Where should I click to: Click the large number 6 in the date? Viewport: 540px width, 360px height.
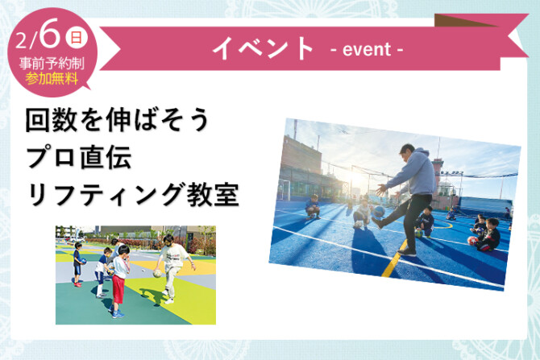click(50, 33)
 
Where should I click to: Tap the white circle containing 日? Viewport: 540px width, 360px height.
click(77, 38)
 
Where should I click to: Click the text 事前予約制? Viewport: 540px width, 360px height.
click(52, 64)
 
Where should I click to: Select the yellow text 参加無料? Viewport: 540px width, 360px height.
click(52, 79)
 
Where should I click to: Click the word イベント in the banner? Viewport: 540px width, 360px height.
click(263, 48)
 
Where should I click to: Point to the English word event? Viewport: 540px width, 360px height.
click(367, 49)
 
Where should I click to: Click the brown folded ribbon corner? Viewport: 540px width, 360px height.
click(466, 20)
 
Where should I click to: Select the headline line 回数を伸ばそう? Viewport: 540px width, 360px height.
click(117, 120)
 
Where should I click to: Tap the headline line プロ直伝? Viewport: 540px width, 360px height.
click(79, 157)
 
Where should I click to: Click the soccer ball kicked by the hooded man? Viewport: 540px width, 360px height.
click(379, 211)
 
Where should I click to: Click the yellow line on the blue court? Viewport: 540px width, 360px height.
click(395, 259)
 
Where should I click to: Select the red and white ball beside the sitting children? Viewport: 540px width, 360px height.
click(473, 240)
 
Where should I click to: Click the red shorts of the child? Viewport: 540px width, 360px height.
click(118, 289)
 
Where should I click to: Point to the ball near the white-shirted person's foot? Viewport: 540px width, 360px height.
click(157, 274)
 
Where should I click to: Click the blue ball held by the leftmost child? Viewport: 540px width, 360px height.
click(83, 261)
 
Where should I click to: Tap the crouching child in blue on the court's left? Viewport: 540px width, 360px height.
click(313, 207)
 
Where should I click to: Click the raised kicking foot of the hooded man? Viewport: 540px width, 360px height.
click(377, 222)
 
